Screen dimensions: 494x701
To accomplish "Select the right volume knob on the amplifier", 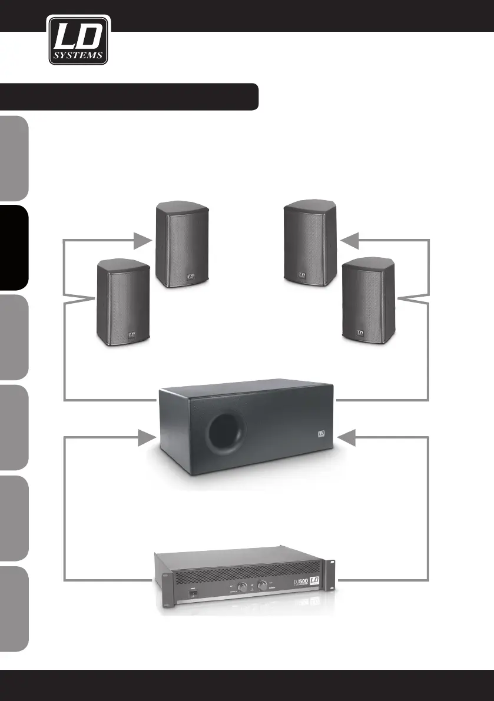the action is (x=261, y=586).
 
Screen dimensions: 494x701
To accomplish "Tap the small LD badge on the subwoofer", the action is (x=321, y=436).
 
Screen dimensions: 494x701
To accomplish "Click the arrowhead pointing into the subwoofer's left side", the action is (x=144, y=437).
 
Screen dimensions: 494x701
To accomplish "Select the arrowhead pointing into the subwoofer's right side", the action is (x=350, y=437).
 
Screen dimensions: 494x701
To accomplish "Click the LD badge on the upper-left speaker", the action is (x=190, y=274).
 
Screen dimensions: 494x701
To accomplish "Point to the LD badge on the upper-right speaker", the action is (x=301, y=274).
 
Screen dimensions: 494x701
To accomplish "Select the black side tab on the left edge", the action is (x=14, y=247).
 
